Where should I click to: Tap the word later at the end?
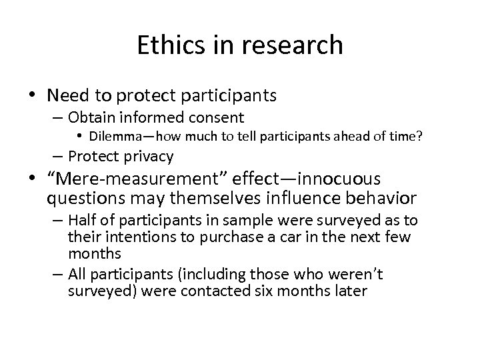click(347, 291)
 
